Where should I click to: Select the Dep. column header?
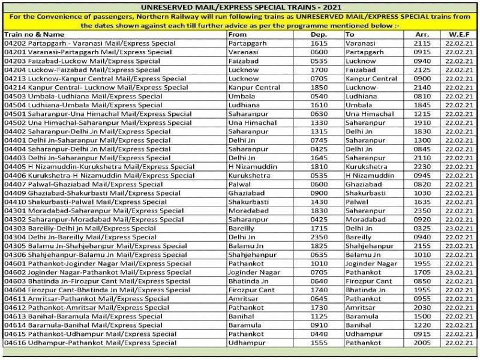[x=319, y=35]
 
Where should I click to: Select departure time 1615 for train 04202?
[x=319, y=44]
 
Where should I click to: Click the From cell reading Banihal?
[x=242, y=316]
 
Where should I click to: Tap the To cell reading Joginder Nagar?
[x=371, y=263]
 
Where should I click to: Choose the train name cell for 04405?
[x=99, y=167]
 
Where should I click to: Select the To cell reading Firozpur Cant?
[x=369, y=281]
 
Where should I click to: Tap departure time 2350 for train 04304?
[x=319, y=237]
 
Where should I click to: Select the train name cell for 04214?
[x=95, y=88]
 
